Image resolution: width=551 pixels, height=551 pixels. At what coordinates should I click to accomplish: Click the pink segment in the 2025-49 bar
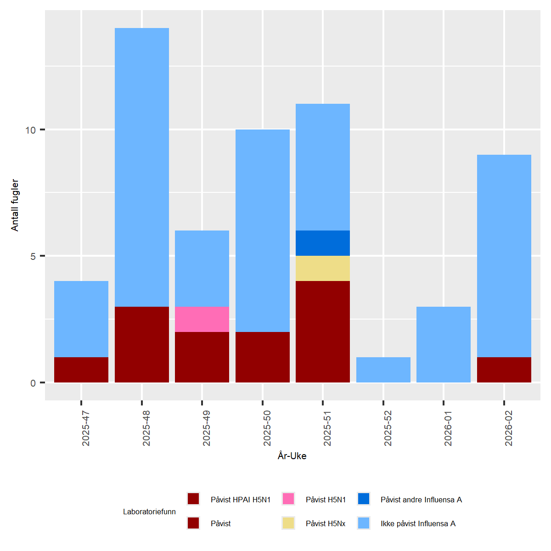202,319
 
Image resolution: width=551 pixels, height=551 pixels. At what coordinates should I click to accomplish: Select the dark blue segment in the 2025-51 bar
323,243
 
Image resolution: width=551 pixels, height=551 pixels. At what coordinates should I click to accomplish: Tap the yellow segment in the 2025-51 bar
323,268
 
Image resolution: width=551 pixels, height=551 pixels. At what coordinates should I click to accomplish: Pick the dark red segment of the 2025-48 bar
142,344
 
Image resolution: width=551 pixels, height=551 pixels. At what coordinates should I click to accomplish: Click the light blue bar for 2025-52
383,370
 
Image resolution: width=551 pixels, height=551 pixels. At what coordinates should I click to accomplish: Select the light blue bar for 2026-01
444,344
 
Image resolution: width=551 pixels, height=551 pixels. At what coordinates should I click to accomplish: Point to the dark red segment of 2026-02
504,370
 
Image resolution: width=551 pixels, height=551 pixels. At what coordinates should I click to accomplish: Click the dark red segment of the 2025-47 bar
81,370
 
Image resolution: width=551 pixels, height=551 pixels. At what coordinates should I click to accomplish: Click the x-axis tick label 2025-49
207,428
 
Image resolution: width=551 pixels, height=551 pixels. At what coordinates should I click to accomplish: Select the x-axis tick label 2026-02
509,428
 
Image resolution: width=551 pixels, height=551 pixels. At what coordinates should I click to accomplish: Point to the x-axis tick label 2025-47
86,428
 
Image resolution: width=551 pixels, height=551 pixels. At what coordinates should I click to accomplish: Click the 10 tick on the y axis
30,130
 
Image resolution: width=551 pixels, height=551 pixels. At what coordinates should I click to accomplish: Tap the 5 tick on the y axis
33,256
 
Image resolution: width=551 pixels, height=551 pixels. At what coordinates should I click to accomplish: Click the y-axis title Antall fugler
15,205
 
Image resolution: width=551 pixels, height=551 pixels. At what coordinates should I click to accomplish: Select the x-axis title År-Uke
292,456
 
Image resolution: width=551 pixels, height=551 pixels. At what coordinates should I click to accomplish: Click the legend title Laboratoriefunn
149,512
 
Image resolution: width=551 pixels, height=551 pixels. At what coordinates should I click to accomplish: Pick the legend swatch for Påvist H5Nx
288,523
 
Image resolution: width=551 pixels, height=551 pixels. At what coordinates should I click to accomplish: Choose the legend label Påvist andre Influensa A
421,500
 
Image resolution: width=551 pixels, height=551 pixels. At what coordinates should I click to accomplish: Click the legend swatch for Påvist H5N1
288,499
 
